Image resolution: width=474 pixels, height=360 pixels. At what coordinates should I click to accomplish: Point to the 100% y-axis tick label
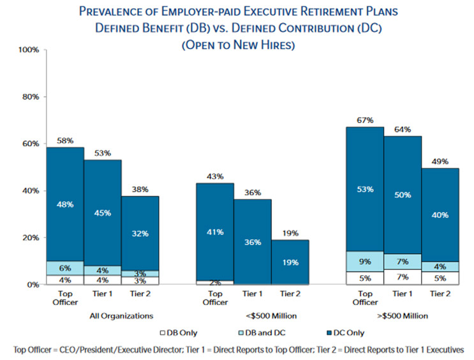[x=29, y=50]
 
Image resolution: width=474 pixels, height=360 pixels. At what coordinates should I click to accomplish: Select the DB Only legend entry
[x=179, y=333]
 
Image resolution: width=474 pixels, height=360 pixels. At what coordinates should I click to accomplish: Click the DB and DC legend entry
[x=262, y=333]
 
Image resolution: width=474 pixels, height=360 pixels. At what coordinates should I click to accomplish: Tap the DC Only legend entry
[x=346, y=333]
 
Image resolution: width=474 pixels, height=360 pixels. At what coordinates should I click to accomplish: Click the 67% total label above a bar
[x=365, y=121]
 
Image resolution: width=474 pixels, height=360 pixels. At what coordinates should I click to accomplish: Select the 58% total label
[x=65, y=140]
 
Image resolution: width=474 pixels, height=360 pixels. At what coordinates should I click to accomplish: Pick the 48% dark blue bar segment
[x=65, y=204]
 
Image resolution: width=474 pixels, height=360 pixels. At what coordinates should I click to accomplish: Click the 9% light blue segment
[x=365, y=261]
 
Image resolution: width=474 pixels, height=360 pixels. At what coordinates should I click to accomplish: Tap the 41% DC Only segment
[x=215, y=232]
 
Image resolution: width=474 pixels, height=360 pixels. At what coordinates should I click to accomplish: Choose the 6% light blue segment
[x=65, y=268]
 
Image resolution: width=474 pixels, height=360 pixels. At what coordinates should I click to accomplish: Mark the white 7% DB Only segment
[x=403, y=277]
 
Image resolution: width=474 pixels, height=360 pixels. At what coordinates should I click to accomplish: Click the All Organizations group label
[x=121, y=316]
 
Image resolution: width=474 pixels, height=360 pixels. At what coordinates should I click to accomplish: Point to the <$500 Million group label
[x=271, y=316]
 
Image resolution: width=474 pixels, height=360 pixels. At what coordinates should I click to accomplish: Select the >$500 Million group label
[x=403, y=316]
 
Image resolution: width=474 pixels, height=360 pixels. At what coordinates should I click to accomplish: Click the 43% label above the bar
[x=215, y=176]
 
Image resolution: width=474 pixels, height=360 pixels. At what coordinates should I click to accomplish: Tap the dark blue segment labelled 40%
[x=440, y=215]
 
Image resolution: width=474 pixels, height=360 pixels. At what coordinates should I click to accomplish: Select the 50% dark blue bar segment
[x=403, y=195]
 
